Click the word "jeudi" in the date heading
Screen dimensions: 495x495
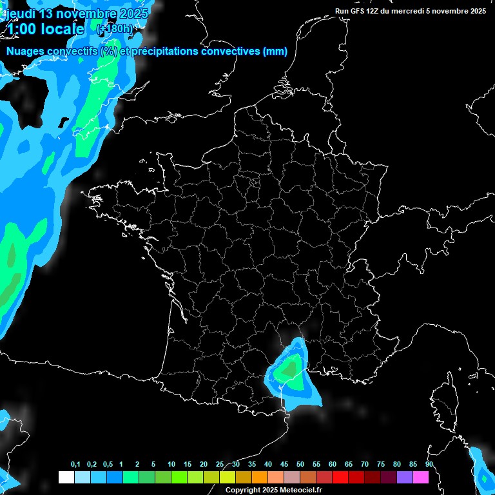pyautogui.click(x=20, y=14)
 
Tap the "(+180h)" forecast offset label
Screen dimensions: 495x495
pyautogui.click(x=114, y=29)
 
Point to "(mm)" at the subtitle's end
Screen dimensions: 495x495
pyautogui.click(x=275, y=52)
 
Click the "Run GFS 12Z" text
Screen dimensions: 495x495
pyautogui.click(x=357, y=11)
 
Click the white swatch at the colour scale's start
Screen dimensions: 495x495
pyautogui.click(x=66, y=477)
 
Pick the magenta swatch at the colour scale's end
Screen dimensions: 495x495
pyautogui.click(x=421, y=477)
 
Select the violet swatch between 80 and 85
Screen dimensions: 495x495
pyautogui.click(x=405, y=477)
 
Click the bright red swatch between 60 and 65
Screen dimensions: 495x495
pyautogui.click(x=340, y=477)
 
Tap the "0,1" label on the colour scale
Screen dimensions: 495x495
pyautogui.click(x=75, y=465)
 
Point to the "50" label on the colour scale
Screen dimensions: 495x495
pyautogui.click(x=300, y=465)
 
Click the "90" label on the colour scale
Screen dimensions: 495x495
pyautogui.click(x=429, y=465)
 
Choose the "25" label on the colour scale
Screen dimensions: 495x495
pyautogui.click(x=220, y=465)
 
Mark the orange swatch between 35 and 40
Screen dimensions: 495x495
pyautogui.click(x=260, y=477)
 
